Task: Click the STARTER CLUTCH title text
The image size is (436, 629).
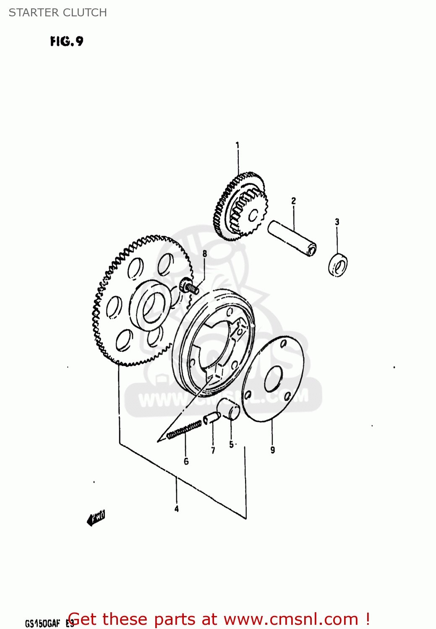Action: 58,13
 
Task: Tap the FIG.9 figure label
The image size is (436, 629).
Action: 67,41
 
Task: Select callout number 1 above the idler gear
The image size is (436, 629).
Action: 238,146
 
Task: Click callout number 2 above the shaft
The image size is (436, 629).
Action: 294,201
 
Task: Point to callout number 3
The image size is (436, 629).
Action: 337,222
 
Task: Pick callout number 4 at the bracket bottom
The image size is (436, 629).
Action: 177,509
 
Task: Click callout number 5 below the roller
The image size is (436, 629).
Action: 231,444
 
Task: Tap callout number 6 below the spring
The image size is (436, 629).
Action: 186,461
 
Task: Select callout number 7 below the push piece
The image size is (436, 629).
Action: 213,450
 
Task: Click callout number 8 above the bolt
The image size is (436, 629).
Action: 205,254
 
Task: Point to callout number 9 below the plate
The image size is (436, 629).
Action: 273,450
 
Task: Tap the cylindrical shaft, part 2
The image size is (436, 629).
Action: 292,238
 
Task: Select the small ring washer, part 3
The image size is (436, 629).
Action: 338,265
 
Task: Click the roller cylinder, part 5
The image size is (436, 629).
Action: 229,409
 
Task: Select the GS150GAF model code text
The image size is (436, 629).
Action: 42,623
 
